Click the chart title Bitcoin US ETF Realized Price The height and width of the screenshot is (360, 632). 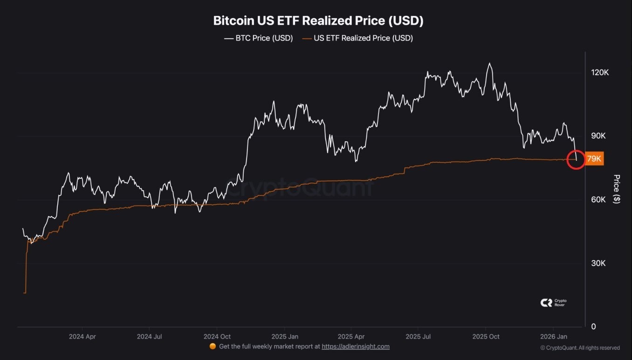point(318,21)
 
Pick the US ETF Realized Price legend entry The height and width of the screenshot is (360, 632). point(357,38)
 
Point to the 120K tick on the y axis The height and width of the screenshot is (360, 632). point(600,73)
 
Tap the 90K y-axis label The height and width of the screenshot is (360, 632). point(598,136)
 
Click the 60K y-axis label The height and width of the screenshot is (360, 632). point(598,200)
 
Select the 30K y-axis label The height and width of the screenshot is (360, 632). point(598,263)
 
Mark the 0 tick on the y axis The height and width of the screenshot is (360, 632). point(593,326)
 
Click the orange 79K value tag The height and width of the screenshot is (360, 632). point(594,159)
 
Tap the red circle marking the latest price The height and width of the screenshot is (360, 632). point(576,159)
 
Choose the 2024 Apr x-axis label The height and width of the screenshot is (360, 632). point(82,336)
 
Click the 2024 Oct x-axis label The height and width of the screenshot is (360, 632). point(217,336)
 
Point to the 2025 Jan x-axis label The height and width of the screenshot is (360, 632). point(285,336)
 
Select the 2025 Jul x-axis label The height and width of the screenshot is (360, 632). point(419,336)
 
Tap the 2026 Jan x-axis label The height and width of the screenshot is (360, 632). point(553,336)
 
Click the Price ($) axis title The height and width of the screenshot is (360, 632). point(617,189)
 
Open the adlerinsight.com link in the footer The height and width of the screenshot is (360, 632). point(356,346)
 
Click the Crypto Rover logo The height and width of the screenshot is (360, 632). point(553,303)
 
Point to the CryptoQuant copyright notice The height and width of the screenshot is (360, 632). point(580,348)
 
